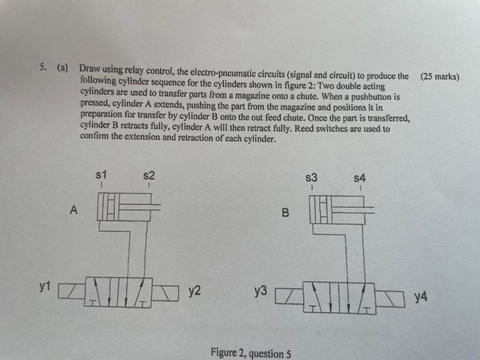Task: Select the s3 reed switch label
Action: [312, 178]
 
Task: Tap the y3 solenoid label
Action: [261, 292]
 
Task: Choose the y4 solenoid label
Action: [420, 297]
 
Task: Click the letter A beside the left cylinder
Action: [73, 210]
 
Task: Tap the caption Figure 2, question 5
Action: [251, 352]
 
